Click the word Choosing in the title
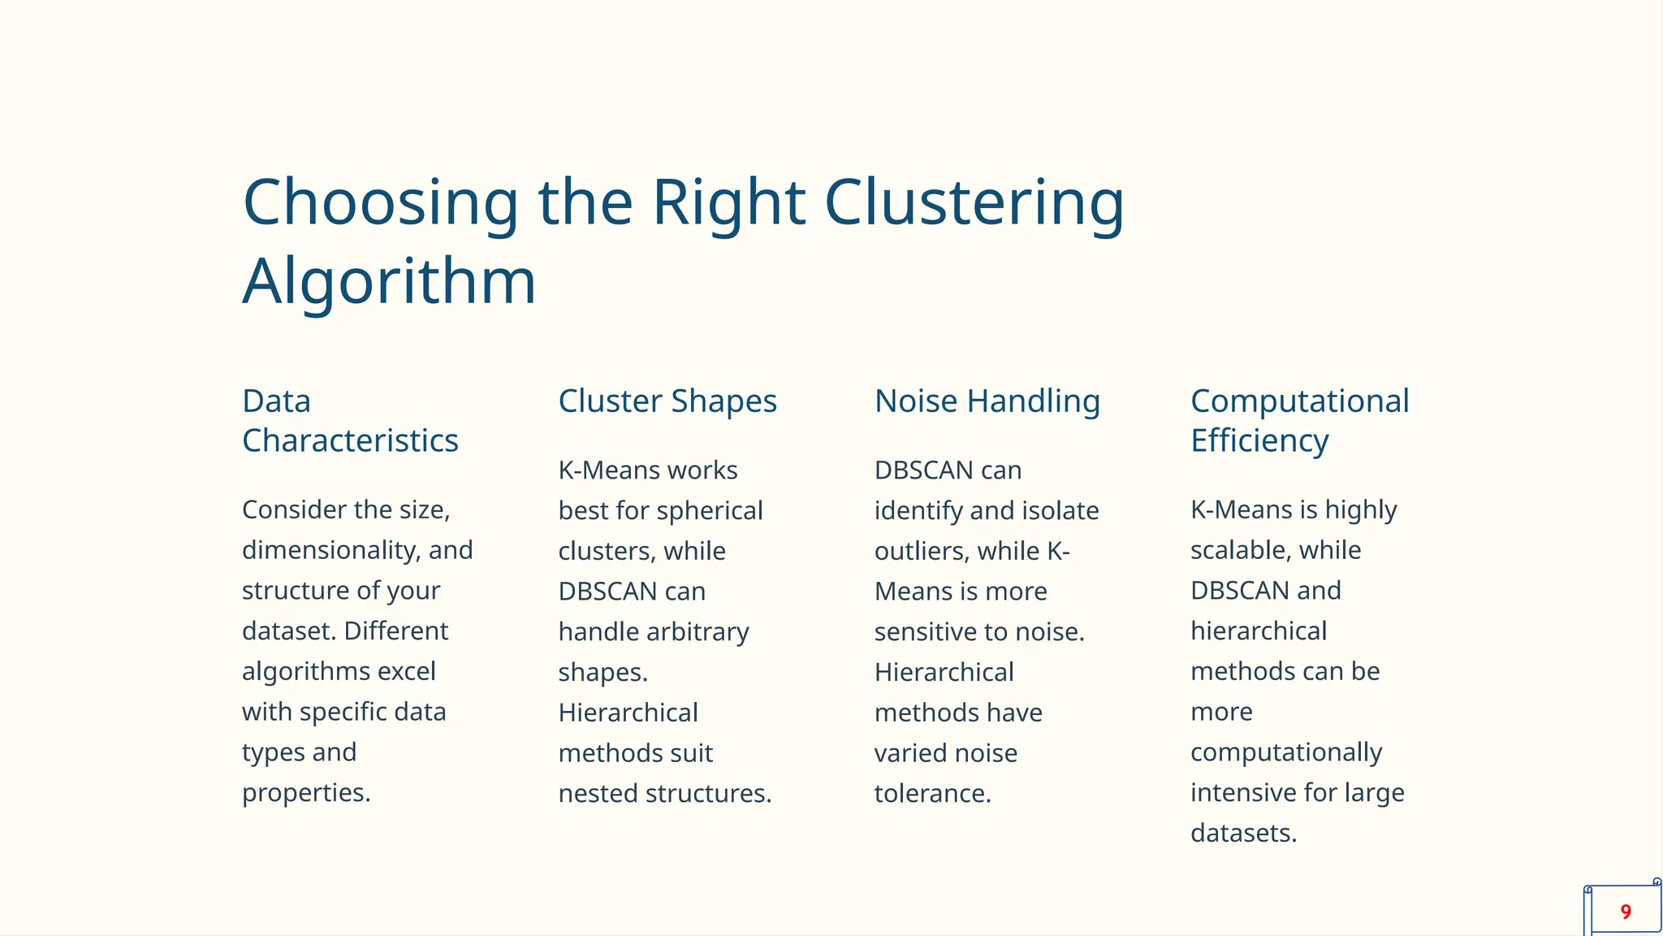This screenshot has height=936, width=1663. [380, 202]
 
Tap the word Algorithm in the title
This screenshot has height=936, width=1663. [389, 281]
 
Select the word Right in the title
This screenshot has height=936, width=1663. [728, 202]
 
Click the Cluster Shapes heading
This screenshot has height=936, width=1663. [667, 401]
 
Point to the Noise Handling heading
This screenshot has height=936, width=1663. [987, 401]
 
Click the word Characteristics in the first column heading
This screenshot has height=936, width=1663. [350, 441]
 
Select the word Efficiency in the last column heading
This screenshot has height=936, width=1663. [1259, 441]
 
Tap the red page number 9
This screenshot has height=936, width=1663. [1625, 912]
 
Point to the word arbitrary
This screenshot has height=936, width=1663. [701, 631]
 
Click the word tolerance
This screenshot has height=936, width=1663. [932, 793]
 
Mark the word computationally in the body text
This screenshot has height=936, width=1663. [1285, 752]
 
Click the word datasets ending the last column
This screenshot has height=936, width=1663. [1242, 834]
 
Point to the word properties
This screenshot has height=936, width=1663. [305, 793]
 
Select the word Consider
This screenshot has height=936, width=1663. [296, 510]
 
